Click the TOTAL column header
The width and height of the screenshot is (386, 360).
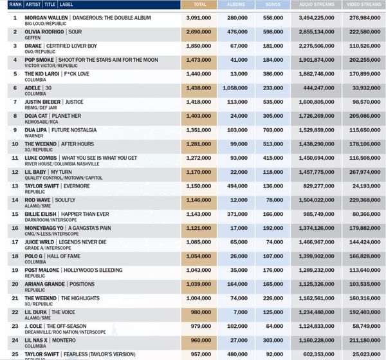(x=199, y=5)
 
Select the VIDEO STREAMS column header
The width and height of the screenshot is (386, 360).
(x=364, y=5)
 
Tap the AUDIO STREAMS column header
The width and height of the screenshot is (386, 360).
(x=317, y=5)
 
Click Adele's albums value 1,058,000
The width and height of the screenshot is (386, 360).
(x=235, y=88)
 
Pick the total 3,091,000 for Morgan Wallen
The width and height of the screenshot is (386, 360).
(x=199, y=18)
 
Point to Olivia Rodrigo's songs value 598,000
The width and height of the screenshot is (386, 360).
(x=273, y=32)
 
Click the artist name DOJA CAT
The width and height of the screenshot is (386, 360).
(x=36, y=116)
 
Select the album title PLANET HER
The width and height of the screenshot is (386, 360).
(x=66, y=116)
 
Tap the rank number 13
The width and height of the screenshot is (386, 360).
(x=15, y=186)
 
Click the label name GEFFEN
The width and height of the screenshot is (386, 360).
(x=33, y=38)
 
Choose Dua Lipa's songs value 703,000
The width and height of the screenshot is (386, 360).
(x=273, y=130)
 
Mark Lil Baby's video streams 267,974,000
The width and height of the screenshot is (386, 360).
(x=365, y=172)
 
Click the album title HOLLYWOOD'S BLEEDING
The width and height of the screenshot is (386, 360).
(x=93, y=270)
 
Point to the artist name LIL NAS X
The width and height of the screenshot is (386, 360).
(x=36, y=340)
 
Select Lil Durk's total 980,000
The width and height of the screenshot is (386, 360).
(x=201, y=312)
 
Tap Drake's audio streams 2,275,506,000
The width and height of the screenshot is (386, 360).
(x=317, y=46)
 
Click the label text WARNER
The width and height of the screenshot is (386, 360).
(x=34, y=136)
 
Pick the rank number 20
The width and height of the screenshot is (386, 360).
(x=15, y=284)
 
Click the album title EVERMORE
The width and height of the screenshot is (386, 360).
(x=77, y=186)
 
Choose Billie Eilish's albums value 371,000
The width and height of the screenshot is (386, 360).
(x=237, y=214)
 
